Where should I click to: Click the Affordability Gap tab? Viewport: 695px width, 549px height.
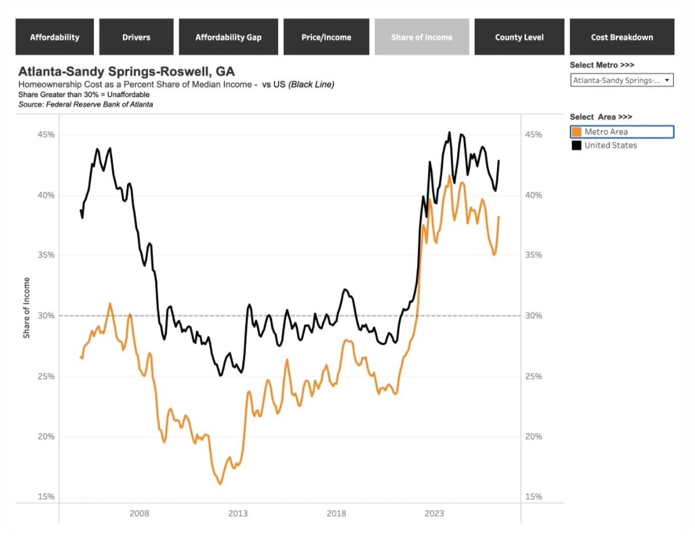click(228, 37)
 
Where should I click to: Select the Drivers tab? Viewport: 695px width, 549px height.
click(136, 37)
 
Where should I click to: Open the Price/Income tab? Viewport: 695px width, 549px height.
click(326, 37)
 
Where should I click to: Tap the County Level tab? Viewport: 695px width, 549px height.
click(519, 37)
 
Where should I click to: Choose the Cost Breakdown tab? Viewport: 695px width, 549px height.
click(622, 37)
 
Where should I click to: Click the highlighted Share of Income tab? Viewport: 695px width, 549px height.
click(422, 37)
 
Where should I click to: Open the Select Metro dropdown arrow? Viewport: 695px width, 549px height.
click(667, 80)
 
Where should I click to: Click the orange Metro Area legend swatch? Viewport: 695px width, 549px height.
click(577, 131)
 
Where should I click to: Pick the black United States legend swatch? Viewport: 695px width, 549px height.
click(577, 145)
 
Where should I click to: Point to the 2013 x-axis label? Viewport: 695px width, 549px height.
click(238, 513)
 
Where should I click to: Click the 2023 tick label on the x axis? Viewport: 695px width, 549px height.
click(434, 513)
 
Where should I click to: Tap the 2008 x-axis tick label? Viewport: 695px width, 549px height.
click(139, 513)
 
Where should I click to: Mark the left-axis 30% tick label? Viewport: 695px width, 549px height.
click(46, 316)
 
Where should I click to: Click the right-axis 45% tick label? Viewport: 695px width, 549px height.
click(533, 135)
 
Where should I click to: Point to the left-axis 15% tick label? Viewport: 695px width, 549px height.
click(46, 497)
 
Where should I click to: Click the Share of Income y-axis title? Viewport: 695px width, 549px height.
click(26, 308)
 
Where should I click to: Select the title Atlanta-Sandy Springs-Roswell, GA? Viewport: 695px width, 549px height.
click(126, 71)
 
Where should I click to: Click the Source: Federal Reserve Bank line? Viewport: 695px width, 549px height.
click(85, 104)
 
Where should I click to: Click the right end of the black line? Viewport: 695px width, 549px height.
click(499, 160)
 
